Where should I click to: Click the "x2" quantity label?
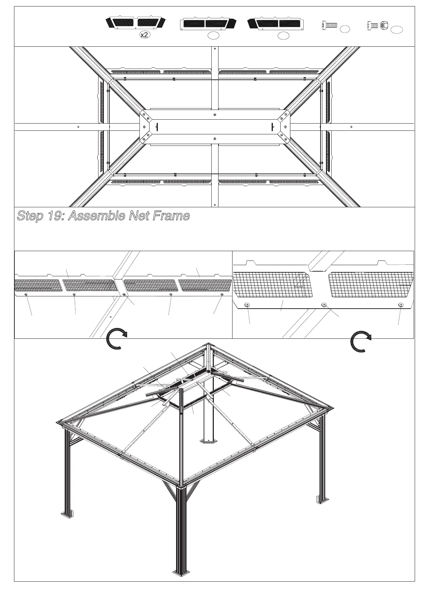(144, 35)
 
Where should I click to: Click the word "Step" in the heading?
(30, 216)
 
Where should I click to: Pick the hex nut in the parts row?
(383, 25)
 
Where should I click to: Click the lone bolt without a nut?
(329, 25)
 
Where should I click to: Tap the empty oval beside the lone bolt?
(345, 29)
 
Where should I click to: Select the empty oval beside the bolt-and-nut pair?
(396, 29)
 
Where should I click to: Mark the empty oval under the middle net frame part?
(213, 35)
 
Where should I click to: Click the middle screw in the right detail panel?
(324, 305)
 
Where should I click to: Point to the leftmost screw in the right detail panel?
(247, 305)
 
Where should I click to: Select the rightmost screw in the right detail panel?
(400, 305)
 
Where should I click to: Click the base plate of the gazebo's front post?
(181, 572)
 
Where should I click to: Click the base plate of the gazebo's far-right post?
(323, 499)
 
